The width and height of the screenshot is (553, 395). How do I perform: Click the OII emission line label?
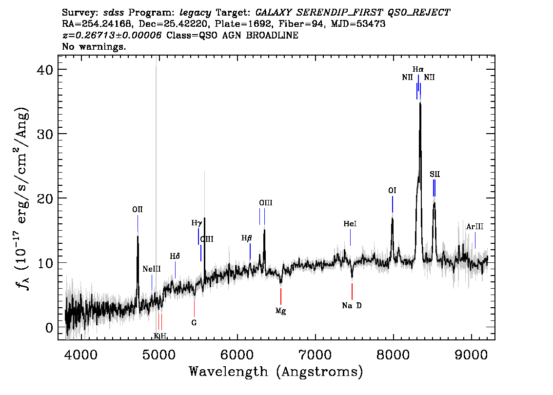pyautogui.click(x=138, y=210)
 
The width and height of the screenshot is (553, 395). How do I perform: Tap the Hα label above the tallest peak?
pyautogui.click(x=418, y=69)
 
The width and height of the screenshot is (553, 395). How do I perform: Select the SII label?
pyautogui.click(x=435, y=174)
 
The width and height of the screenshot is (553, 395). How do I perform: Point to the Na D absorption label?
pyautogui.click(x=352, y=306)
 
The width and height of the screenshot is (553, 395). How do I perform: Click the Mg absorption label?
pyautogui.click(x=281, y=311)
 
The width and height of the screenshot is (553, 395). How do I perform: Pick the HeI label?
pyautogui.click(x=350, y=224)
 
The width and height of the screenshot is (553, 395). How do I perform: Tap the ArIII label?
pyautogui.click(x=474, y=227)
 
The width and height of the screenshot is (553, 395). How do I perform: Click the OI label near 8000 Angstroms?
pyautogui.click(x=392, y=191)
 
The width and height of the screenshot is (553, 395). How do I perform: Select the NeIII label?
pyautogui.click(x=152, y=269)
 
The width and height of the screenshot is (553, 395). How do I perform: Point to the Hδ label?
pyautogui.click(x=175, y=256)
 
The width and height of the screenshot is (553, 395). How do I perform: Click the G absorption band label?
pyautogui.click(x=194, y=323)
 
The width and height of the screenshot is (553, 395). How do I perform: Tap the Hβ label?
pyautogui.click(x=247, y=238)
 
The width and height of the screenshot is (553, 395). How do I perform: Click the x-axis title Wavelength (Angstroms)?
pyautogui.click(x=276, y=372)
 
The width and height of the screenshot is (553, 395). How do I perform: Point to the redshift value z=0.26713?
pyautogui.click(x=112, y=35)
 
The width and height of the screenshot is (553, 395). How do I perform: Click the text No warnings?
pyautogui.click(x=94, y=46)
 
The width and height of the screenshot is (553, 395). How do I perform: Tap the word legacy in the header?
pyautogui.click(x=196, y=13)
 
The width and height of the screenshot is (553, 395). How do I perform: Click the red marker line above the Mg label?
pyautogui.click(x=281, y=296)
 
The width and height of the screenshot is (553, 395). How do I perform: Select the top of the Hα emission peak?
pyautogui.click(x=420, y=103)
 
